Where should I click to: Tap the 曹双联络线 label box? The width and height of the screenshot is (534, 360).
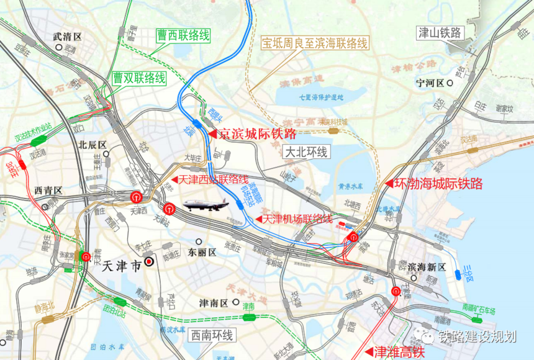[139, 78]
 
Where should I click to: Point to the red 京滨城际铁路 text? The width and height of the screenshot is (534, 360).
[256, 133]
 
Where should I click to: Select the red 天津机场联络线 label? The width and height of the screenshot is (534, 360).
[297, 219]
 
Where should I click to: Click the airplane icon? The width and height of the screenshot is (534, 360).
[206, 206]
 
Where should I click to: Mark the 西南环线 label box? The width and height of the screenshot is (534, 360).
[212, 336]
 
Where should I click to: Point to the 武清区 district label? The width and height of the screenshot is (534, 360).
[68, 37]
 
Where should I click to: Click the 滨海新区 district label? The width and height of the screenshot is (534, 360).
[427, 266]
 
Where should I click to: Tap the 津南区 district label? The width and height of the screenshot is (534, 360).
[214, 303]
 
